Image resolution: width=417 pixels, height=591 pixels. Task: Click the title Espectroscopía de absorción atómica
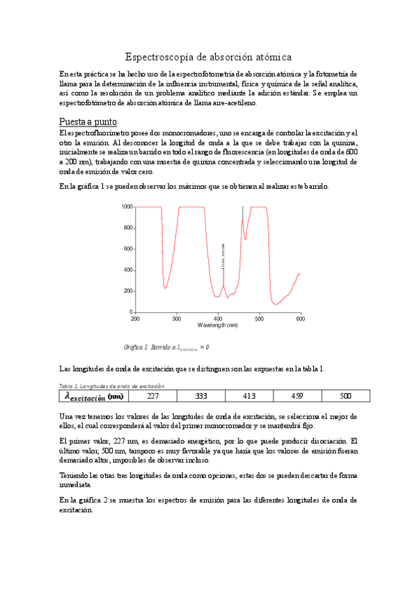click(208, 56)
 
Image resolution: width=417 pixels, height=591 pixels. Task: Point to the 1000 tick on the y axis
click(126, 207)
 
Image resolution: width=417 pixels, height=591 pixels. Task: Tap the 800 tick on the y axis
click(127, 228)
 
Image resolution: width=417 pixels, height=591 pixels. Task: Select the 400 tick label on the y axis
click(127, 270)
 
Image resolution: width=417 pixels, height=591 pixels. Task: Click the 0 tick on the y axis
click(130, 312)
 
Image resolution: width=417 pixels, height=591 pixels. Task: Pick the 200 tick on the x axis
click(135, 318)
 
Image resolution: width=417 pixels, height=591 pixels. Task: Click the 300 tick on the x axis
click(177, 318)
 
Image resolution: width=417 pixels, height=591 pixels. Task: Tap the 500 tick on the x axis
click(260, 318)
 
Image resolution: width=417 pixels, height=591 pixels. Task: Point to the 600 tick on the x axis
click(300, 318)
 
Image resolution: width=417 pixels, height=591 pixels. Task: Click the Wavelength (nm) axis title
click(218, 325)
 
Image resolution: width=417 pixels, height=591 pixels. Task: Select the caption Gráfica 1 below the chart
click(166, 347)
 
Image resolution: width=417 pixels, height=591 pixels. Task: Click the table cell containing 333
click(201, 396)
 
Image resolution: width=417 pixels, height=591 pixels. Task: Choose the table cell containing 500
click(345, 396)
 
